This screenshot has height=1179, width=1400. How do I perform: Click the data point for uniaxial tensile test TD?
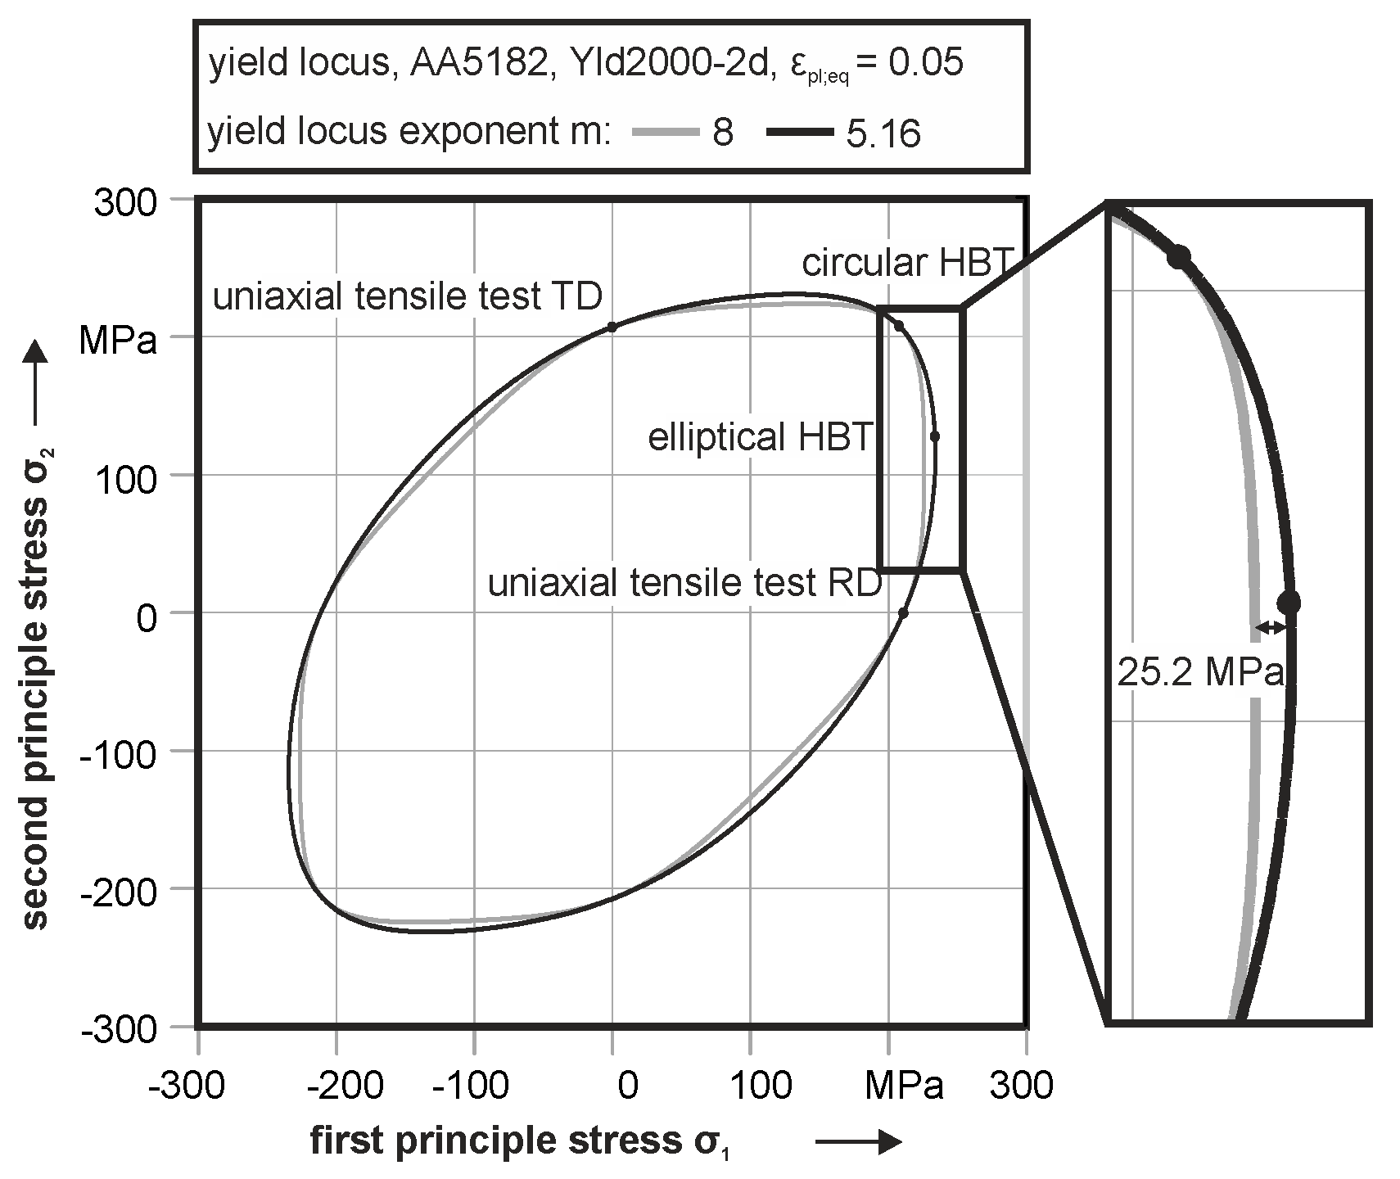(x=612, y=327)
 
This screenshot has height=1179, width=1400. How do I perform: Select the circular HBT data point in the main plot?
(x=898, y=326)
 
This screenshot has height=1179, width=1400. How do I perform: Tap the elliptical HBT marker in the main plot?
(x=935, y=436)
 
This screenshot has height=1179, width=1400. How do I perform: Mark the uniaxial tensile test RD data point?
(x=903, y=612)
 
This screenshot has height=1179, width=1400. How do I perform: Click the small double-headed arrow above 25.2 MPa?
(x=1271, y=627)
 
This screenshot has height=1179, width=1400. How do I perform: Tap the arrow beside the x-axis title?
(x=858, y=1143)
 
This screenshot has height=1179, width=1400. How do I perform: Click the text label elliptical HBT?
(x=759, y=437)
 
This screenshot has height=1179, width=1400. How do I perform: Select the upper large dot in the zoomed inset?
(x=1179, y=256)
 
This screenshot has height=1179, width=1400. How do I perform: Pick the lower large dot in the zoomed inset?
(x=1288, y=603)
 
